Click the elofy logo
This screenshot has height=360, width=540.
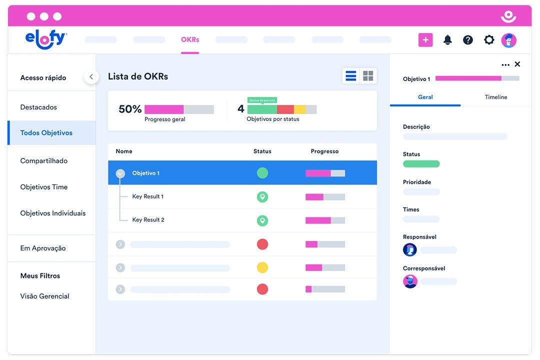tap(45, 40)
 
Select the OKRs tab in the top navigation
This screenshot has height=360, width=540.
tap(190, 40)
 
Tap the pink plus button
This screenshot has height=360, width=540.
tap(425, 40)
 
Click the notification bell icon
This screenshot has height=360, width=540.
tap(447, 40)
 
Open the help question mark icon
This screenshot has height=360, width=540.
tap(468, 40)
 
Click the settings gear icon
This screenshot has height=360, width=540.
tap(489, 40)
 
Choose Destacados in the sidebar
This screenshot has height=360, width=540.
tap(38, 107)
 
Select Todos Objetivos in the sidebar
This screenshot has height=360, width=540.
tap(46, 133)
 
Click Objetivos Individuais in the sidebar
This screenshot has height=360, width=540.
tap(53, 213)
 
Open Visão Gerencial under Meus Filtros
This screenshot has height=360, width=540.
tap(45, 296)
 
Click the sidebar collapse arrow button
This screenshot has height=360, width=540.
tap(91, 77)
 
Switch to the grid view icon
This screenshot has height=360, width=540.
tap(368, 76)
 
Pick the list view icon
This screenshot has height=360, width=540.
tap(351, 76)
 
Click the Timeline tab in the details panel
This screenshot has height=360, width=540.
tap(496, 97)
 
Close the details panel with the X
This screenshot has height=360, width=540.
tap(517, 64)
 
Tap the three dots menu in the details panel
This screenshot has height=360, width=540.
tap(505, 64)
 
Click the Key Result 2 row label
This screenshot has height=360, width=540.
tap(148, 220)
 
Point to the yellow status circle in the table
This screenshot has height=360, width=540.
tap(262, 267)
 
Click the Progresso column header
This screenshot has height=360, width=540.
tap(324, 151)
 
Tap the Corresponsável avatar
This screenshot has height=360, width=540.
tap(410, 281)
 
